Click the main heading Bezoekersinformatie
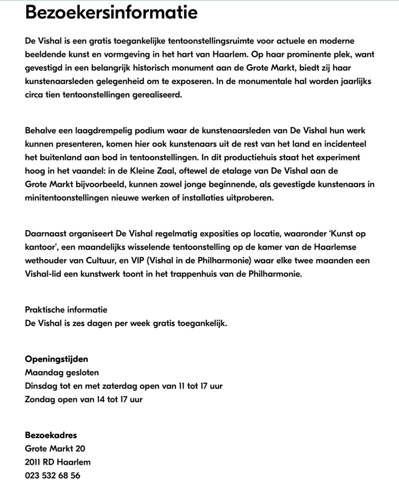click(111, 13)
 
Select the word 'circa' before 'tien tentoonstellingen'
click(35, 95)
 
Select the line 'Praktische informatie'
click(66, 310)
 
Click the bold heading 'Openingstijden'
click(56, 359)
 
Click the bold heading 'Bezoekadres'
click(51, 435)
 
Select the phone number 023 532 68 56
click(52, 475)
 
